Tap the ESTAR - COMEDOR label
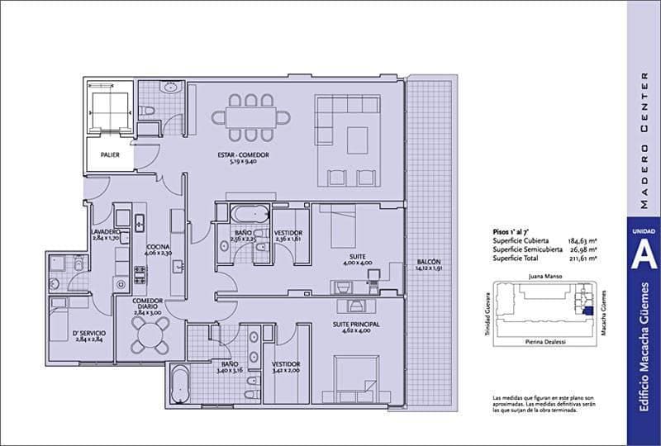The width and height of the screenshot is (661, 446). coord(244,154)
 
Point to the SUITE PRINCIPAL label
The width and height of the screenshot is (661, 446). coord(356,325)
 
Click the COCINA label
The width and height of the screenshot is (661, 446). coord(159,247)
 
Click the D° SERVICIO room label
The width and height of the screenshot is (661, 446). coord(88,333)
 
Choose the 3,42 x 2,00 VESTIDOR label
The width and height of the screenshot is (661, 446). coord(286,363)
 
